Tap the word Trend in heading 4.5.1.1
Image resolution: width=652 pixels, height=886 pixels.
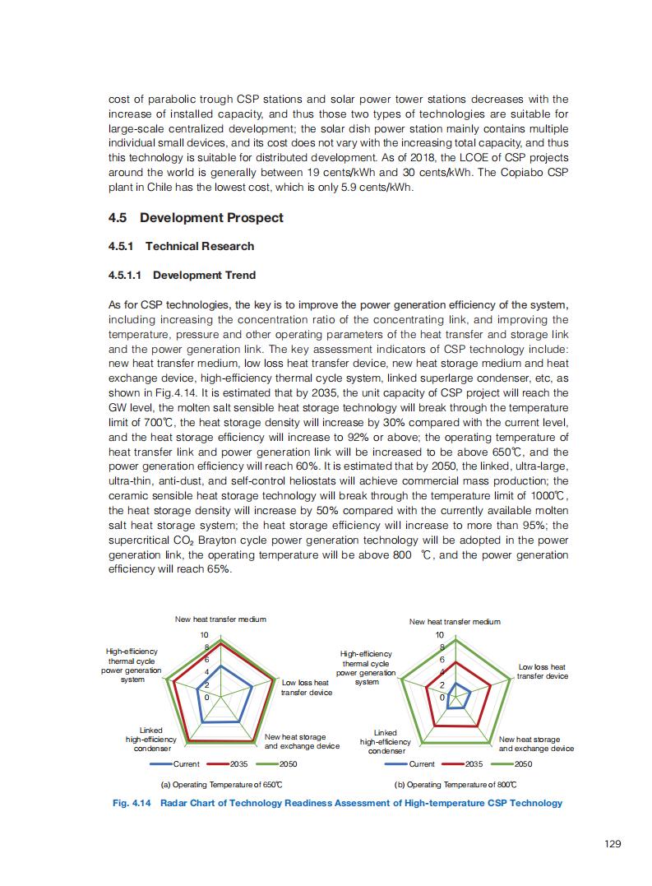(238, 275)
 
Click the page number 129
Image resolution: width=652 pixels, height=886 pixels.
(612, 843)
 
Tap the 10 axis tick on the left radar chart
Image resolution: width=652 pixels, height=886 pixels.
(206, 635)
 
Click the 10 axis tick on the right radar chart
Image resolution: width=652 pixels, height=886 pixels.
(440, 635)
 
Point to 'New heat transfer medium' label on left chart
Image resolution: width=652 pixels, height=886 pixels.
(220, 619)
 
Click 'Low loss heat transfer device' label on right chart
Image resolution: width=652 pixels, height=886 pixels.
(542, 671)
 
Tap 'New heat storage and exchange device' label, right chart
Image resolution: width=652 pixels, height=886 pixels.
(536, 744)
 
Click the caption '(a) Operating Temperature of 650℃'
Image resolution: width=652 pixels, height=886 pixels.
(222, 785)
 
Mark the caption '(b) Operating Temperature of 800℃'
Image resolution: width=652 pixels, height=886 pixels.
(455, 785)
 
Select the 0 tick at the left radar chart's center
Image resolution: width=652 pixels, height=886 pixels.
(206, 698)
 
